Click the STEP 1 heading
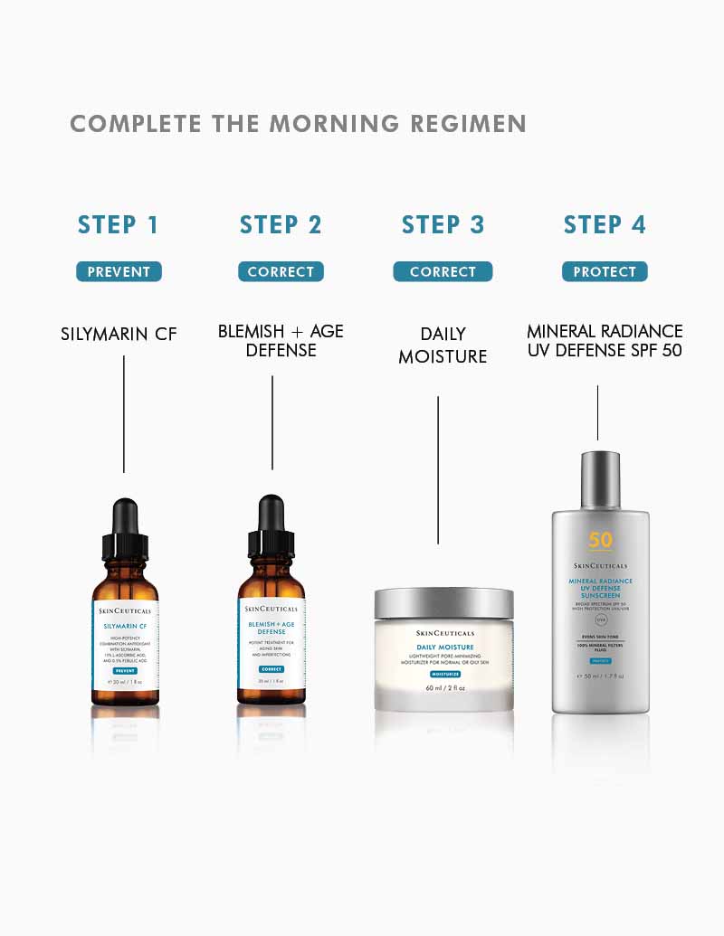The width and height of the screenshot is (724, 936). pos(119,225)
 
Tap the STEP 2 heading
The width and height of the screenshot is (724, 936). pos(281,225)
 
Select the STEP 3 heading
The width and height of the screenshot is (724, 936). pos(443,225)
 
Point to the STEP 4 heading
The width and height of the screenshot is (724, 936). pos(605,225)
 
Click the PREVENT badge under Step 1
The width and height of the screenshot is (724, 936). pos(119,271)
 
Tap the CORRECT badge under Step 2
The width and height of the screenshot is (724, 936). pos(281,271)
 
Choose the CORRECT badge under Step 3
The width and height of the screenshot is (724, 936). pos(443,271)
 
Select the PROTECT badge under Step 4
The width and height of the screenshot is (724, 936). pos(605,271)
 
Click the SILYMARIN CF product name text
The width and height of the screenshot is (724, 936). pos(119,334)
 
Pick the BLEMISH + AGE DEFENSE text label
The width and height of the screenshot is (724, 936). pos(281,341)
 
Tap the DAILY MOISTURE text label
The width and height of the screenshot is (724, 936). pos(443,345)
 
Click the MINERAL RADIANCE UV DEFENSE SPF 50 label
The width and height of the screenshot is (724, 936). pos(605,341)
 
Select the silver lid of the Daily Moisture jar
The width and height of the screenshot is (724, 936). pos(443,603)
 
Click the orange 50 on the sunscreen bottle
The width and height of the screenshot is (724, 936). pos(600,541)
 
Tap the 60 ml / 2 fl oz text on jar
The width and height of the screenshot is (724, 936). pos(444,688)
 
